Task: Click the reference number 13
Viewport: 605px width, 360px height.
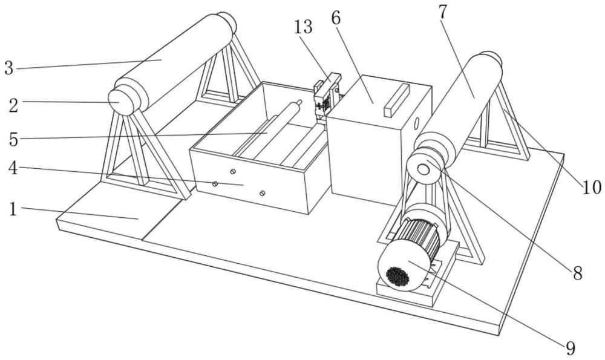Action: tap(304, 27)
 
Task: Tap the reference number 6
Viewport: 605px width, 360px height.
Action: tap(335, 18)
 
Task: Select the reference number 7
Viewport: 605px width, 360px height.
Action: tap(443, 11)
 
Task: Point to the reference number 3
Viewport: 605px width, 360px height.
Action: tap(8, 68)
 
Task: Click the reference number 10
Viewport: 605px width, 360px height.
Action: tap(592, 188)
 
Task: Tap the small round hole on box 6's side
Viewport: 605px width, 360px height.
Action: tap(416, 123)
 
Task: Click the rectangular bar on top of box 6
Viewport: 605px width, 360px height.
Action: tap(396, 99)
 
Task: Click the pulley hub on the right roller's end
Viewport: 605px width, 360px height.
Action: tap(423, 169)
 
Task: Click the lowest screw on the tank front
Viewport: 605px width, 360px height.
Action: tap(261, 193)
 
